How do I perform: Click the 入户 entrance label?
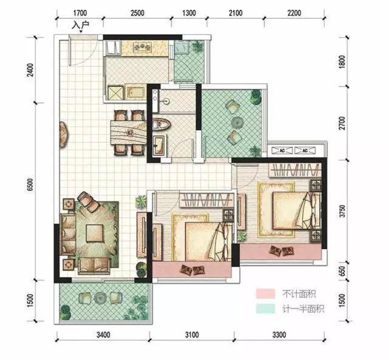coord(80,25)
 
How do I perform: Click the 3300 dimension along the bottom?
coord(278,334)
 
